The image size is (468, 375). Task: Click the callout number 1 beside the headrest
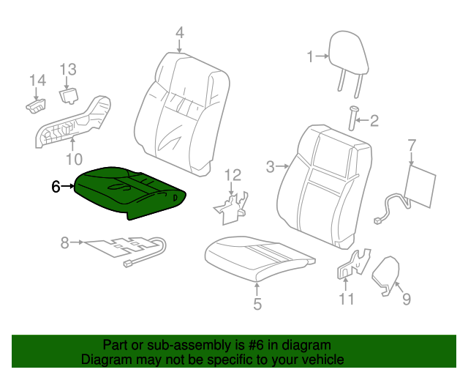(x=310, y=56)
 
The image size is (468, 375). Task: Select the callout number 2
(x=374, y=121)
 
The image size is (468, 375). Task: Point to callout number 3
(x=271, y=167)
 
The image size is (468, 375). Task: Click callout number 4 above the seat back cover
(x=179, y=32)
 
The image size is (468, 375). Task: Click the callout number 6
(x=56, y=187)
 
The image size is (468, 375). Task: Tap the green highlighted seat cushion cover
(x=132, y=191)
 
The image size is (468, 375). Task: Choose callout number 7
(x=412, y=144)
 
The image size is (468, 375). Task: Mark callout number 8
(x=65, y=242)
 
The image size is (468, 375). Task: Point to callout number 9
(x=407, y=298)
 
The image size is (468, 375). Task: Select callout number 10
(x=74, y=159)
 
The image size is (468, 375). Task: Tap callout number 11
(x=346, y=298)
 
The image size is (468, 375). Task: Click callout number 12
(x=232, y=174)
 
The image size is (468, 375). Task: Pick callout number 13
(x=68, y=70)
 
